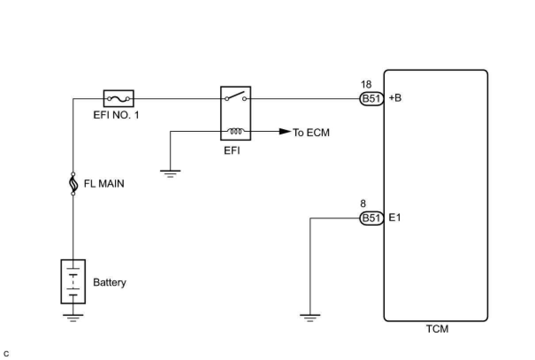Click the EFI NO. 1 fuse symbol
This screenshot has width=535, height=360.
pos(118,99)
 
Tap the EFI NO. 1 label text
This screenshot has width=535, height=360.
pos(116,115)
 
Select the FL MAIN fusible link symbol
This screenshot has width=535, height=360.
pos(73,184)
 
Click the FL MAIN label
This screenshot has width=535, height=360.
pos(104,184)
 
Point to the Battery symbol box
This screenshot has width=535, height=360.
pos(73,282)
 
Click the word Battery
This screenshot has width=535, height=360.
pos(109,283)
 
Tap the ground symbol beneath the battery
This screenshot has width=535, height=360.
pos(73,318)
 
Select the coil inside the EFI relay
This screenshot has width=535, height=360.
pos(236,131)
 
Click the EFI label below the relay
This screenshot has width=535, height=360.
pos(232,150)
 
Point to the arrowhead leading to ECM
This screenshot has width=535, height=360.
pos(285,131)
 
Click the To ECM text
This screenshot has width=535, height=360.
pos(311,132)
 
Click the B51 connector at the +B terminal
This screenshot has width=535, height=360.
pos(371,99)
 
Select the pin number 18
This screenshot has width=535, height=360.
pos(366,84)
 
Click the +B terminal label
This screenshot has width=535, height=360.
pos(395,98)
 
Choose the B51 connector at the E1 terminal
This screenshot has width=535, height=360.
pos(371,218)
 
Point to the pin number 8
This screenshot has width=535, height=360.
pos(363,204)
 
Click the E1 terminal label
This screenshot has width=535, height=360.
pos(394,218)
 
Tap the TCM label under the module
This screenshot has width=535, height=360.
pos(437,329)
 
